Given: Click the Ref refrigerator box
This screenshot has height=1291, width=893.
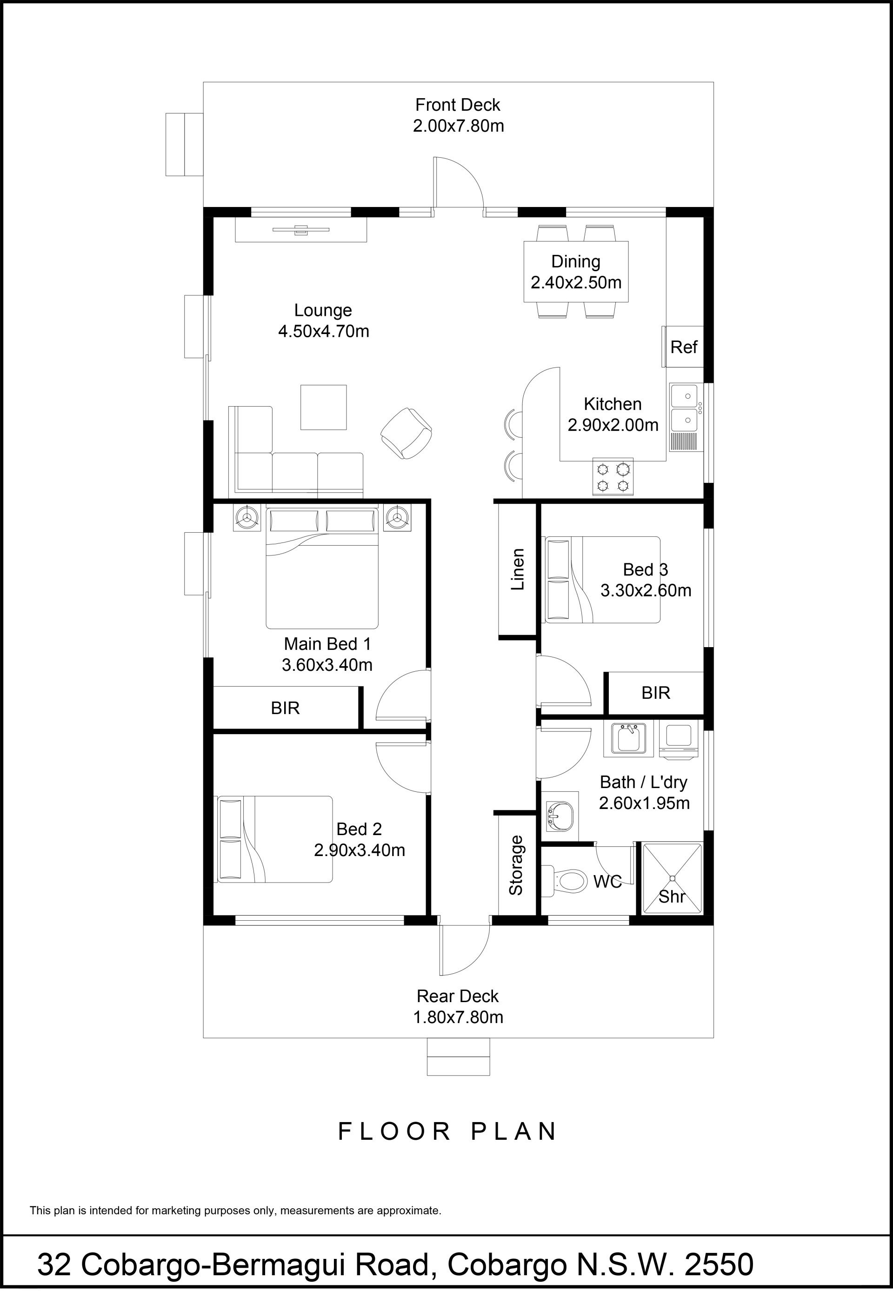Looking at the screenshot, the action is pyautogui.click(x=683, y=347).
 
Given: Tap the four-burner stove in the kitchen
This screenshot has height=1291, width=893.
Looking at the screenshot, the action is pyautogui.click(x=613, y=477).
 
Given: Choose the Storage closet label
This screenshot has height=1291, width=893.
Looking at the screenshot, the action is pyautogui.click(x=516, y=865).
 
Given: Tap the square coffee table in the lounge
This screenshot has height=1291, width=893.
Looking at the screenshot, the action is pyautogui.click(x=323, y=408).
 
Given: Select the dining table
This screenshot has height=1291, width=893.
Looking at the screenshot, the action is pyautogui.click(x=576, y=271).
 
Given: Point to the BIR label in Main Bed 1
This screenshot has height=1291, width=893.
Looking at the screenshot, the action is pyautogui.click(x=286, y=709).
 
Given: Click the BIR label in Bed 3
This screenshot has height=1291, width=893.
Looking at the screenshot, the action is pyautogui.click(x=656, y=693).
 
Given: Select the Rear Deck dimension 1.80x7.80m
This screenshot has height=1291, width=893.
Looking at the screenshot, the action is pyautogui.click(x=458, y=1017).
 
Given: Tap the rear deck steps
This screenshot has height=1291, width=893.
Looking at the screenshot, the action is pyautogui.click(x=458, y=1057).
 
